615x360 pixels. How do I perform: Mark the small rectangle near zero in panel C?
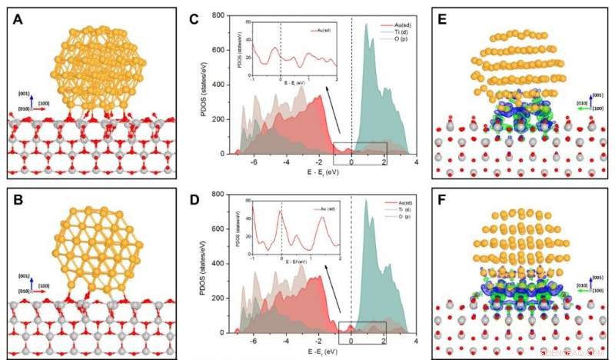coord(359,153)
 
